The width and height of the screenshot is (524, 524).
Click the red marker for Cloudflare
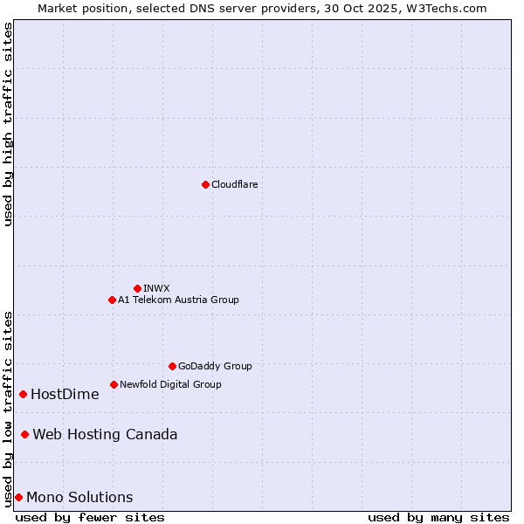coord(205,184)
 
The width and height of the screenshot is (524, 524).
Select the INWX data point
coord(137,288)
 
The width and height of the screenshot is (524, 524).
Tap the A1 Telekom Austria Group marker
coord(112,300)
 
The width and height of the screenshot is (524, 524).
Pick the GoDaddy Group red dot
coord(172,366)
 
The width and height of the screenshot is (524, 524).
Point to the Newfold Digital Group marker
coord(114,384)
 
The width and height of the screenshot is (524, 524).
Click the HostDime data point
coord(23,394)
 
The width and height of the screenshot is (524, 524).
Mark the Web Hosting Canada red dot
coord(24,434)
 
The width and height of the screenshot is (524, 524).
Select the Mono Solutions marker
coord(18,497)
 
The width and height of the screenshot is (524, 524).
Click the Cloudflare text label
coord(234,184)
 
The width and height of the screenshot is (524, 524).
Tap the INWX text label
coord(156,288)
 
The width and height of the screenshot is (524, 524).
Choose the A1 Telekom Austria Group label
coord(178,300)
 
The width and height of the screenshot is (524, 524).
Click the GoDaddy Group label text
coord(215,366)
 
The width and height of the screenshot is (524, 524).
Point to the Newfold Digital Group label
coord(170,384)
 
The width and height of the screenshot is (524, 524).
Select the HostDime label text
coord(65,394)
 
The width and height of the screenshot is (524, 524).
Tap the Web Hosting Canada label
coord(105,434)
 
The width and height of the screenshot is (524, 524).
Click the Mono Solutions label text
coord(79,497)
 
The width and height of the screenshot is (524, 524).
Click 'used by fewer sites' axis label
coord(90,517)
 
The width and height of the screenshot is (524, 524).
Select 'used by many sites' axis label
coord(438,517)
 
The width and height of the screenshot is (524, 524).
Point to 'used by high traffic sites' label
coord(9,124)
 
